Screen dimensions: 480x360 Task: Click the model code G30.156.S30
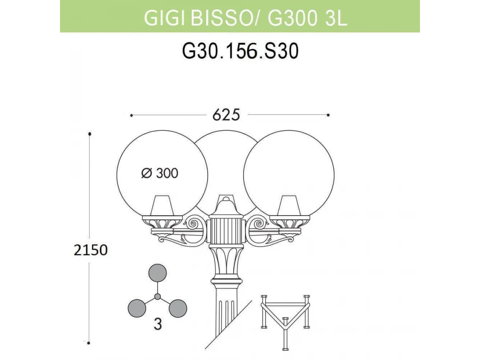[240, 51]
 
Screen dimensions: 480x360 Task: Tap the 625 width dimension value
[226, 115]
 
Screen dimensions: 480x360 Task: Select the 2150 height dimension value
[90, 250]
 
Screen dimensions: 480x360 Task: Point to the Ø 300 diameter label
[160, 173]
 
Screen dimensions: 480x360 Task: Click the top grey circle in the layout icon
[158, 273]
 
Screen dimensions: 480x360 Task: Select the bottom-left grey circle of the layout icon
[137, 308]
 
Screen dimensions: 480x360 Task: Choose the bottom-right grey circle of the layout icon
[178, 308]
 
